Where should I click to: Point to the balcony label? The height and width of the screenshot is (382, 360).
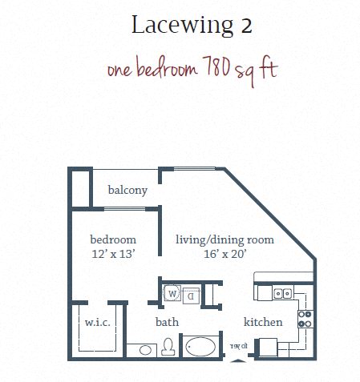tap(127, 190)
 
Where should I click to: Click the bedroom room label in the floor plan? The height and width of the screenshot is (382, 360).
tap(112, 239)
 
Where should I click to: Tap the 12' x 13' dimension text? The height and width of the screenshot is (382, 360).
tap(112, 253)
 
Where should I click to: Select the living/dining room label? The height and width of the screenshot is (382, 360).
tap(224, 239)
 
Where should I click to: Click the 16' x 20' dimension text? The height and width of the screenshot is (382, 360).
tap(224, 253)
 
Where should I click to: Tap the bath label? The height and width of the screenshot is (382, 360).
tap(167, 322)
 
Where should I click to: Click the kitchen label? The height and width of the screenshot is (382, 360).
tap(263, 322)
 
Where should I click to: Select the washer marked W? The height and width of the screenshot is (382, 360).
tap(172, 294)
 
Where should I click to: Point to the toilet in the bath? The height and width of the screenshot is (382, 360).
tap(168, 348)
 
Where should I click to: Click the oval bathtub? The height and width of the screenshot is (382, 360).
tap(200, 348)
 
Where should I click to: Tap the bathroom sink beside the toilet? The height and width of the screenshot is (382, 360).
tap(145, 350)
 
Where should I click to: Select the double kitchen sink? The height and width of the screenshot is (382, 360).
tap(282, 294)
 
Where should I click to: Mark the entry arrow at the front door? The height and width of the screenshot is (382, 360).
tap(237, 360)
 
